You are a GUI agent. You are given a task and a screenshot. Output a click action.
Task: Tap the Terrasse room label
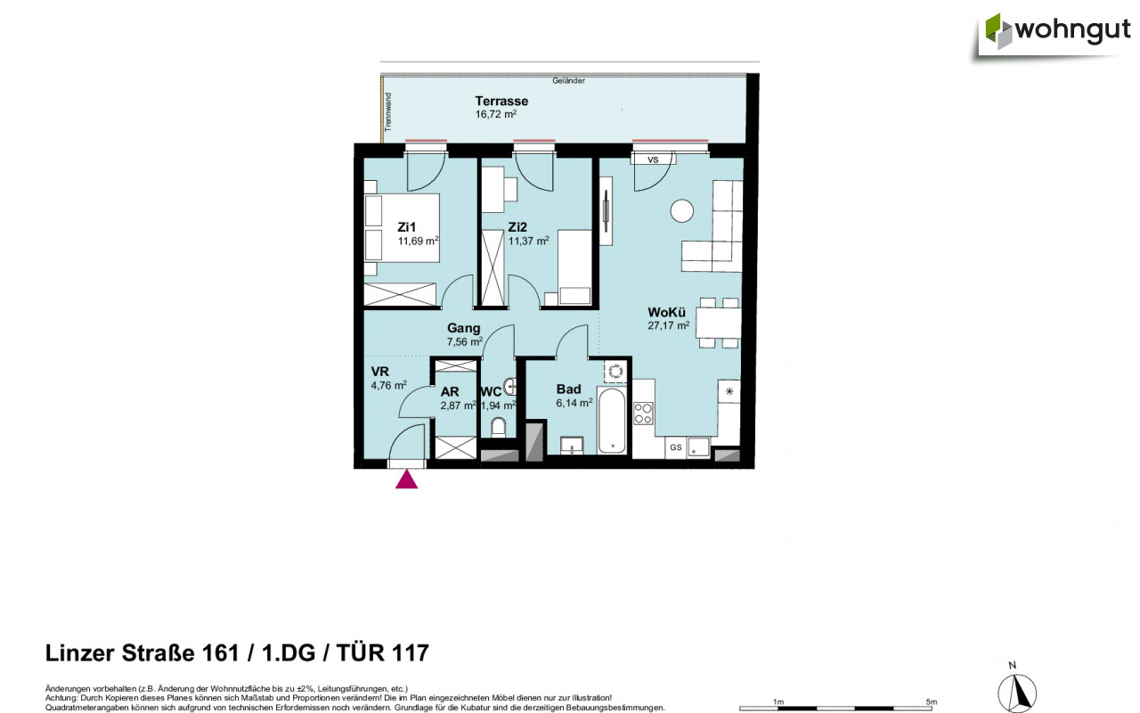(501, 101)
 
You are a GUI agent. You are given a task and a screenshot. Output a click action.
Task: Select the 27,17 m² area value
(669, 326)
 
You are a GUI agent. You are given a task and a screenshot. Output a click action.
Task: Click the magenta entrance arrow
(406, 479)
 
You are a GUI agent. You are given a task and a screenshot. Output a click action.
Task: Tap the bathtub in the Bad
(613, 421)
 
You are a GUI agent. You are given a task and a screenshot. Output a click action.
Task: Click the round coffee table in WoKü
(682, 210)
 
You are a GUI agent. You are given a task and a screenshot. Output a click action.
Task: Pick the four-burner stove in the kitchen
(643, 414)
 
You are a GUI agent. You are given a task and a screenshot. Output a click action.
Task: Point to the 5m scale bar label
(932, 701)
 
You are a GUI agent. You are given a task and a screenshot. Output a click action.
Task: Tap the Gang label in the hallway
(463, 328)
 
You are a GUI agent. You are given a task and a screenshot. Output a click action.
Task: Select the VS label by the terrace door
(653, 160)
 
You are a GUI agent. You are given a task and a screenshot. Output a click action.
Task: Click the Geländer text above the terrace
(568, 81)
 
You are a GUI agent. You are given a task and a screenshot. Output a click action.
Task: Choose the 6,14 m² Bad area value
(574, 403)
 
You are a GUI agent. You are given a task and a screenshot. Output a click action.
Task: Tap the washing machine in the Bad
(615, 372)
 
